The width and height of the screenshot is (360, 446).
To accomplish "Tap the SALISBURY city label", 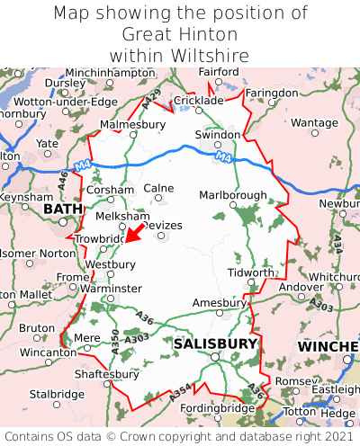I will click(x=215, y=343).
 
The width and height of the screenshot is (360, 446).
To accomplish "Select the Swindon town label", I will click(x=218, y=135).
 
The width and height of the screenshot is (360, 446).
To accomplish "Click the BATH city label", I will click(x=62, y=210).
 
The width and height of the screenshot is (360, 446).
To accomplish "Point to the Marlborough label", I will click(x=232, y=195).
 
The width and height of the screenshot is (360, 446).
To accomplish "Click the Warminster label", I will click(x=112, y=288).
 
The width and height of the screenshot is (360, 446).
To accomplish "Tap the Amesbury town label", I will click(x=220, y=303).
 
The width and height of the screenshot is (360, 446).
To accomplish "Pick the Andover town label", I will click(x=301, y=287).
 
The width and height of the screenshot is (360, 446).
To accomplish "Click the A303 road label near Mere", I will click(x=138, y=338).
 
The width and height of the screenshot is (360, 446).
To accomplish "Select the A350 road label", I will click(x=114, y=340).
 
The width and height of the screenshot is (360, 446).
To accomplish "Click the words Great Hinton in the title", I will click(x=180, y=34).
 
